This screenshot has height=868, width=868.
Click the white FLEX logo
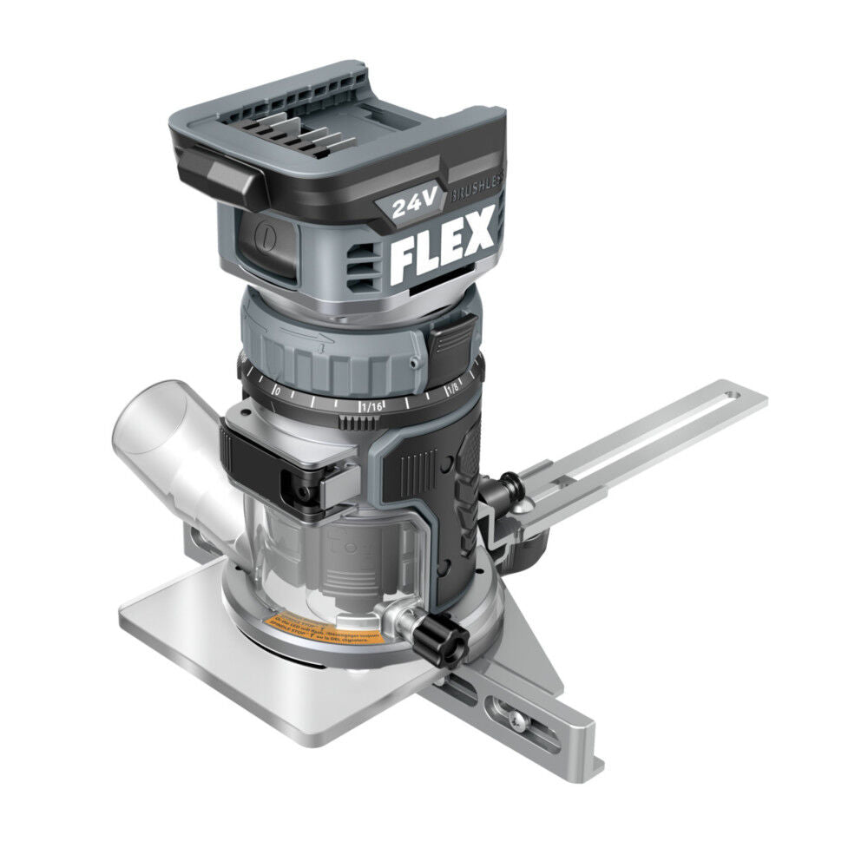point(442,247)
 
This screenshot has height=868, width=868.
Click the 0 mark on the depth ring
point(276,392)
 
